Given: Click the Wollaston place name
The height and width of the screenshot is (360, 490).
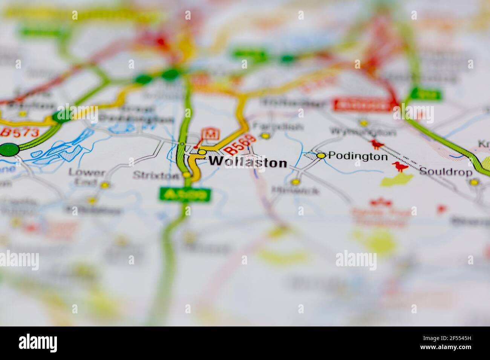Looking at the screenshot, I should (248, 162).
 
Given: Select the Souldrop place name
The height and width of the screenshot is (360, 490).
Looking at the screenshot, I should (446, 172).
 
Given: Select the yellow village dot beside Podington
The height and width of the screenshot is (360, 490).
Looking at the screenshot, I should (321, 156).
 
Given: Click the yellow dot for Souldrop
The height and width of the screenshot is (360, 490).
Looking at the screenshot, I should (474, 182).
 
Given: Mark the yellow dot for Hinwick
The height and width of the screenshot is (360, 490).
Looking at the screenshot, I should (296, 182).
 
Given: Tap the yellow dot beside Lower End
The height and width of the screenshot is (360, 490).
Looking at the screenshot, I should (105, 185).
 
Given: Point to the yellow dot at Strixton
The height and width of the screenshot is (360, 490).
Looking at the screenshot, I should (187, 175).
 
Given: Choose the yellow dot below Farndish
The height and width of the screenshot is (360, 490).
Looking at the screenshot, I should (266, 136).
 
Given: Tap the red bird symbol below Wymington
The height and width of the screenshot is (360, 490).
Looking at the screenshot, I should (376, 144).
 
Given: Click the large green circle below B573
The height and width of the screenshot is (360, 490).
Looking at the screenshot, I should (9, 149).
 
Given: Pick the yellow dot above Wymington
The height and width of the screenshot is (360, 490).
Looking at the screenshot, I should (364, 123).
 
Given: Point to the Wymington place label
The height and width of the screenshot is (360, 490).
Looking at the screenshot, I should (363, 132).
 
